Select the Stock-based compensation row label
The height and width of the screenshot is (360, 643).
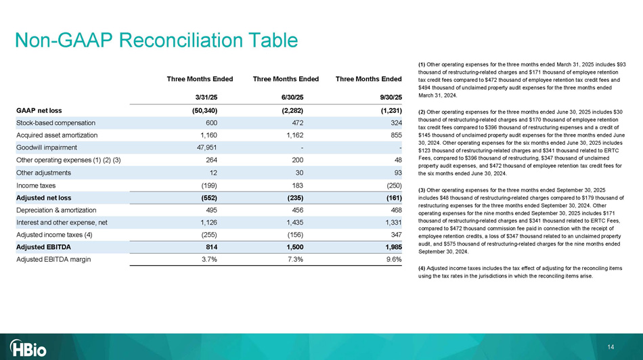coord(56,122)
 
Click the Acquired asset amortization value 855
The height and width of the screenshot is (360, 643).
coord(395,135)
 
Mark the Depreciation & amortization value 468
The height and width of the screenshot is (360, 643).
coord(395,210)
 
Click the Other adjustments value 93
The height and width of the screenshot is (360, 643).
coord(397,173)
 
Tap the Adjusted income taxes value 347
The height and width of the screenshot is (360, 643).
coord(395,235)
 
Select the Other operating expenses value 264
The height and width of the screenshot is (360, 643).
coord(209,160)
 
